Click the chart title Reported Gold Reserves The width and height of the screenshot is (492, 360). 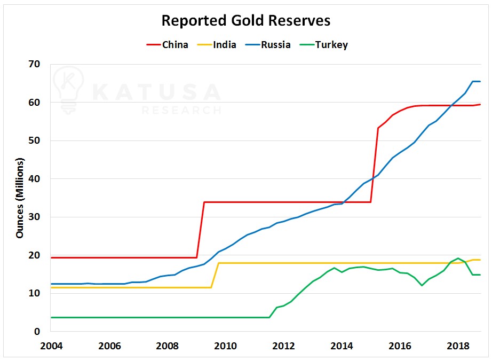[246, 21]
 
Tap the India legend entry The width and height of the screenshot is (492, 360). [224, 45]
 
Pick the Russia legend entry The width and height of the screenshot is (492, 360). [275, 45]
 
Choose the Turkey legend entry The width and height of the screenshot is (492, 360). [331, 45]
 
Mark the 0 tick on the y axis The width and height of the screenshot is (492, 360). [37, 332]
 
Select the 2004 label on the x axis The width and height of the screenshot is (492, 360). [51, 345]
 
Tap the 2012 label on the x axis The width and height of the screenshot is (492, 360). [283, 345]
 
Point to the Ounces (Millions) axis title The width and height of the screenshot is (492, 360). [20, 198]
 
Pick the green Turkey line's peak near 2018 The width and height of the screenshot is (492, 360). [458, 259]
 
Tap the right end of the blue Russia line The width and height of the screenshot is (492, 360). [480, 82]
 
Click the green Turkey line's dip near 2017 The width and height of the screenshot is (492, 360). [422, 285]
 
